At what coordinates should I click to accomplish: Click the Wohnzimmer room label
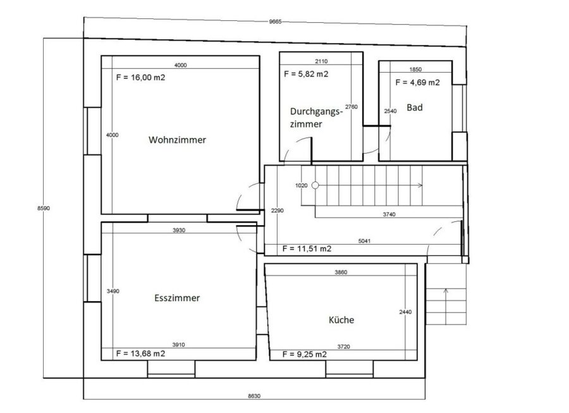177,140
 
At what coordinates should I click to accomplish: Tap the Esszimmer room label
177,298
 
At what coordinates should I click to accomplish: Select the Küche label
341,320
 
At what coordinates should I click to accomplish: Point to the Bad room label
414,108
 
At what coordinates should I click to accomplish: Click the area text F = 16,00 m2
141,77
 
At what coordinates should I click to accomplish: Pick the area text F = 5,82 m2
306,74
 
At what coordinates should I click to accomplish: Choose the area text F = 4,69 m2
417,82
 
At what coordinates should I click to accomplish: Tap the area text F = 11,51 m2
307,249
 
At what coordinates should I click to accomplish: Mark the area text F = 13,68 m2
141,354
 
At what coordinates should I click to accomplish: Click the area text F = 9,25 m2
305,354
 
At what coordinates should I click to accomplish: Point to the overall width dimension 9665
275,22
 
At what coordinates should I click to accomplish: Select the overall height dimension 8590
44,208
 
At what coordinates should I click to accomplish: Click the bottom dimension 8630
254,396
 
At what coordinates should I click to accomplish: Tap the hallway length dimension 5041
364,241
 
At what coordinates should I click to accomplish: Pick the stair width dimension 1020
301,185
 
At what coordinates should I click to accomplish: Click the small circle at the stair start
315,185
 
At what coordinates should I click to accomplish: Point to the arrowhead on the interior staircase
420,185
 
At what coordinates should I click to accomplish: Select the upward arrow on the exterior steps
446,307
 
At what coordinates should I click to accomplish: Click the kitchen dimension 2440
405,312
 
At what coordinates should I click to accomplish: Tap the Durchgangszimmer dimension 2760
352,107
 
